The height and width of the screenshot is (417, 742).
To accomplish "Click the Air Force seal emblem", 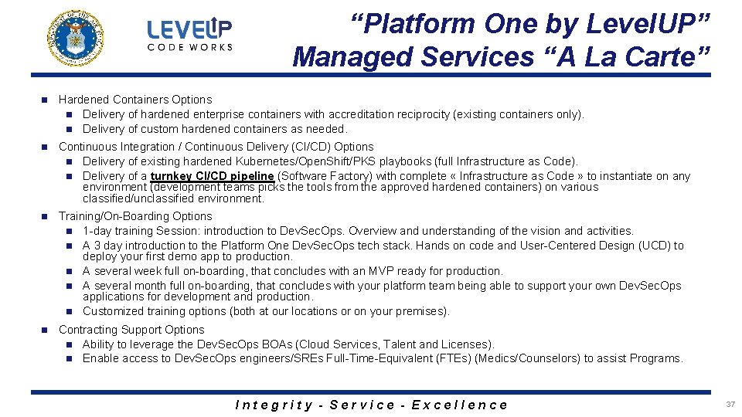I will tap(75, 38).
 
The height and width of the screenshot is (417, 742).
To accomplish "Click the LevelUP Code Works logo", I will tap(189, 36).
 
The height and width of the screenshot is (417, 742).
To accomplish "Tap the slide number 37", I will tap(730, 405).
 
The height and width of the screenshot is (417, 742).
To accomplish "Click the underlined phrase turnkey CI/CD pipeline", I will tap(212, 176).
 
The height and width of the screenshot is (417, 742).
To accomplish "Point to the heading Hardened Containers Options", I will tap(135, 100).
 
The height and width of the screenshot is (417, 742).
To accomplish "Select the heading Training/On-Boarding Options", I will tap(135, 216).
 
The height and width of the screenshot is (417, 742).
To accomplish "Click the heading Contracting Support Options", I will tap(131, 330).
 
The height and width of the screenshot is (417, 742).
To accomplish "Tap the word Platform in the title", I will tap(418, 24).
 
